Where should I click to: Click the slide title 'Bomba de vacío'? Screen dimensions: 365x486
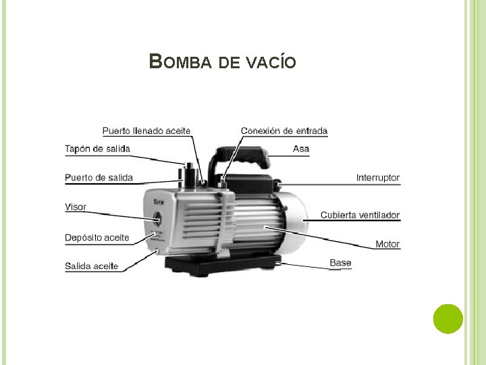click(x=222, y=62)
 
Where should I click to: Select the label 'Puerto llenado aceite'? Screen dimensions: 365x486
click(x=146, y=130)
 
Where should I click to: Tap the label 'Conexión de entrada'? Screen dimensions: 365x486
click(x=284, y=130)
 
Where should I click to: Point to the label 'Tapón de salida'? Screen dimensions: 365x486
click(x=97, y=149)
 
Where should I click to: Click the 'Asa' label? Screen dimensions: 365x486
click(x=301, y=149)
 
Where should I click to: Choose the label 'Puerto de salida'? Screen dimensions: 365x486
click(x=99, y=178)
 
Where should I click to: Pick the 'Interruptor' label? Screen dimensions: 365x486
click(x=378, y=178)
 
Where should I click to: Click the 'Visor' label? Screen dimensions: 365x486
click(x=76, y=207)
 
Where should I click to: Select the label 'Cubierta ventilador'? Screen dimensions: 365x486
click(x=360, y=215)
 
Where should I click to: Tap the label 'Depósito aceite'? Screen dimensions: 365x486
click(x=97, y=237)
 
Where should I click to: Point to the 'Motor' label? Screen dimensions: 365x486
click(x=387, y=244)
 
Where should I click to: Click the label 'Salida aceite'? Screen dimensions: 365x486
click(x=91, y=266)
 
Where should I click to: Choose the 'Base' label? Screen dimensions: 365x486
click(x=340, y=262)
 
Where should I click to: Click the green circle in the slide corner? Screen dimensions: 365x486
click(x=448, y=318)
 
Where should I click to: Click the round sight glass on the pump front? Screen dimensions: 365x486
click(x=157, y=220)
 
